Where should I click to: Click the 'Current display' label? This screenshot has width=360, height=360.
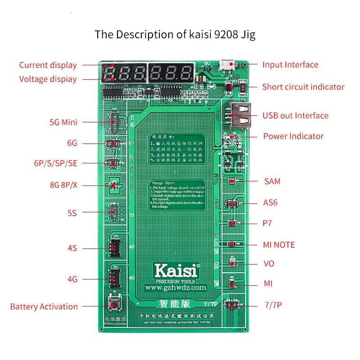pyautogui.click(x=48, y=65)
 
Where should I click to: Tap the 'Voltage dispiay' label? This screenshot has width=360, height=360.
pyautogui.click(x=48, y=79)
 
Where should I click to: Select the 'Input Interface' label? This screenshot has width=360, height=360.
pyautogui.click(x=290, y=65)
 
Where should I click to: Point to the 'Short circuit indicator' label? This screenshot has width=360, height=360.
pyautogui.click(x=303, y=87)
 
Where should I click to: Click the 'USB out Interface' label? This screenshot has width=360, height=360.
pyautogui.click(x=295, y=116)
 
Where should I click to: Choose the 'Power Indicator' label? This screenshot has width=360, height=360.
pyautogui.click(x=293, y=136)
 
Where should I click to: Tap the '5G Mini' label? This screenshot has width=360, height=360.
pyautogui.click(x=63, y=122)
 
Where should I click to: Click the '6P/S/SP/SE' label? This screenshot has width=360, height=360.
pyautogui.click(x=55, y=163)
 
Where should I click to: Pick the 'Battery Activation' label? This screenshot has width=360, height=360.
pyautogui.click(x=44, y=306)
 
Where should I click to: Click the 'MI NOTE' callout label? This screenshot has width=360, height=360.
pyautogui.click(x=279, y=245)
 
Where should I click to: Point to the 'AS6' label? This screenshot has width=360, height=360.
pyautogui.click(x=270, y=202)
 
